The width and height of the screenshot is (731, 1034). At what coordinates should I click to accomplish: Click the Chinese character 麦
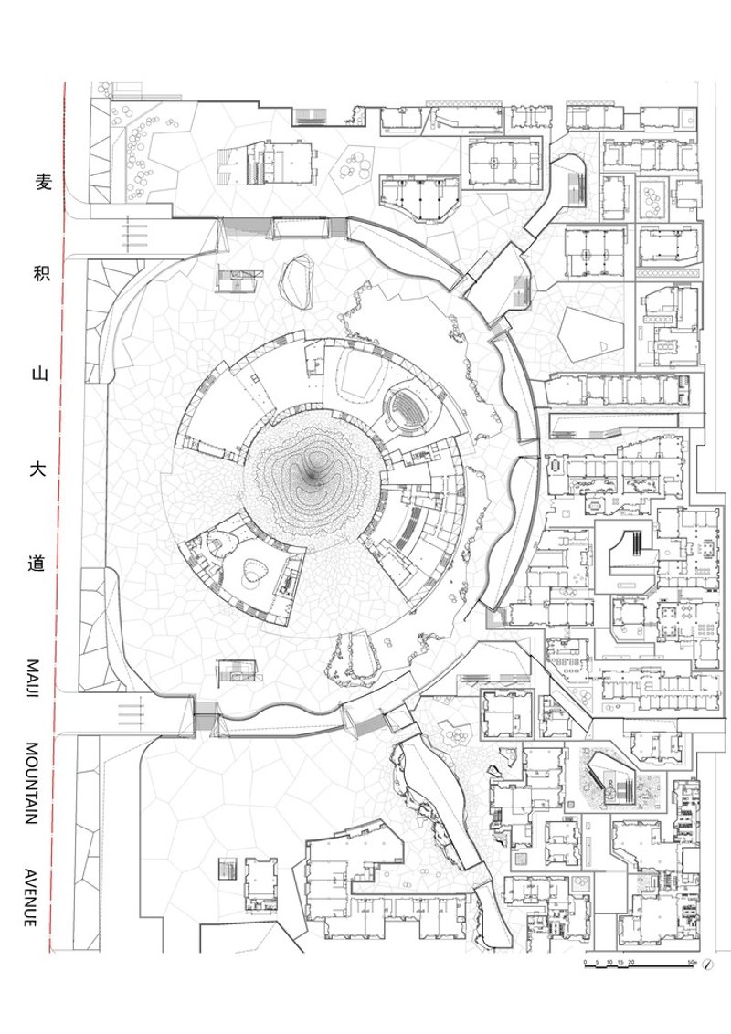click(43, 183)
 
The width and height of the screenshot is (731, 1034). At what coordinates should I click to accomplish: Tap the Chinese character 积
click(42, 272)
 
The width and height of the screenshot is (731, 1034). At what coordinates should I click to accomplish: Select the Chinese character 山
click(41, 374)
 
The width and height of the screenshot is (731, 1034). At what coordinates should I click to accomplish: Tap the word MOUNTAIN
click(32, 784)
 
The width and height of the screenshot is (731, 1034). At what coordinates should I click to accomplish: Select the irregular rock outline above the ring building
click(298, 281)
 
